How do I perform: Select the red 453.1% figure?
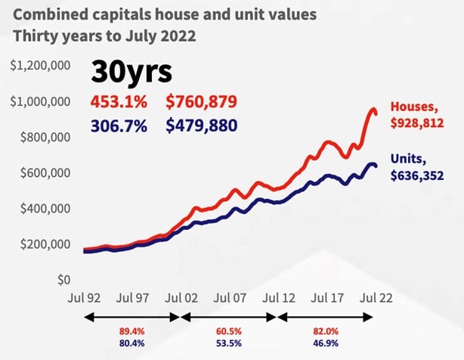(x=117, y=102)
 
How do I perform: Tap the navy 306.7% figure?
(x=117, y=126)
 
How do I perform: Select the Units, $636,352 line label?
(x=416, y=167)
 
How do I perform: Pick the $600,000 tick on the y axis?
(x=44, y=173)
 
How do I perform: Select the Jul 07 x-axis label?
(x=229, y=299)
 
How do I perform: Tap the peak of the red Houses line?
(x=373, y=110)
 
